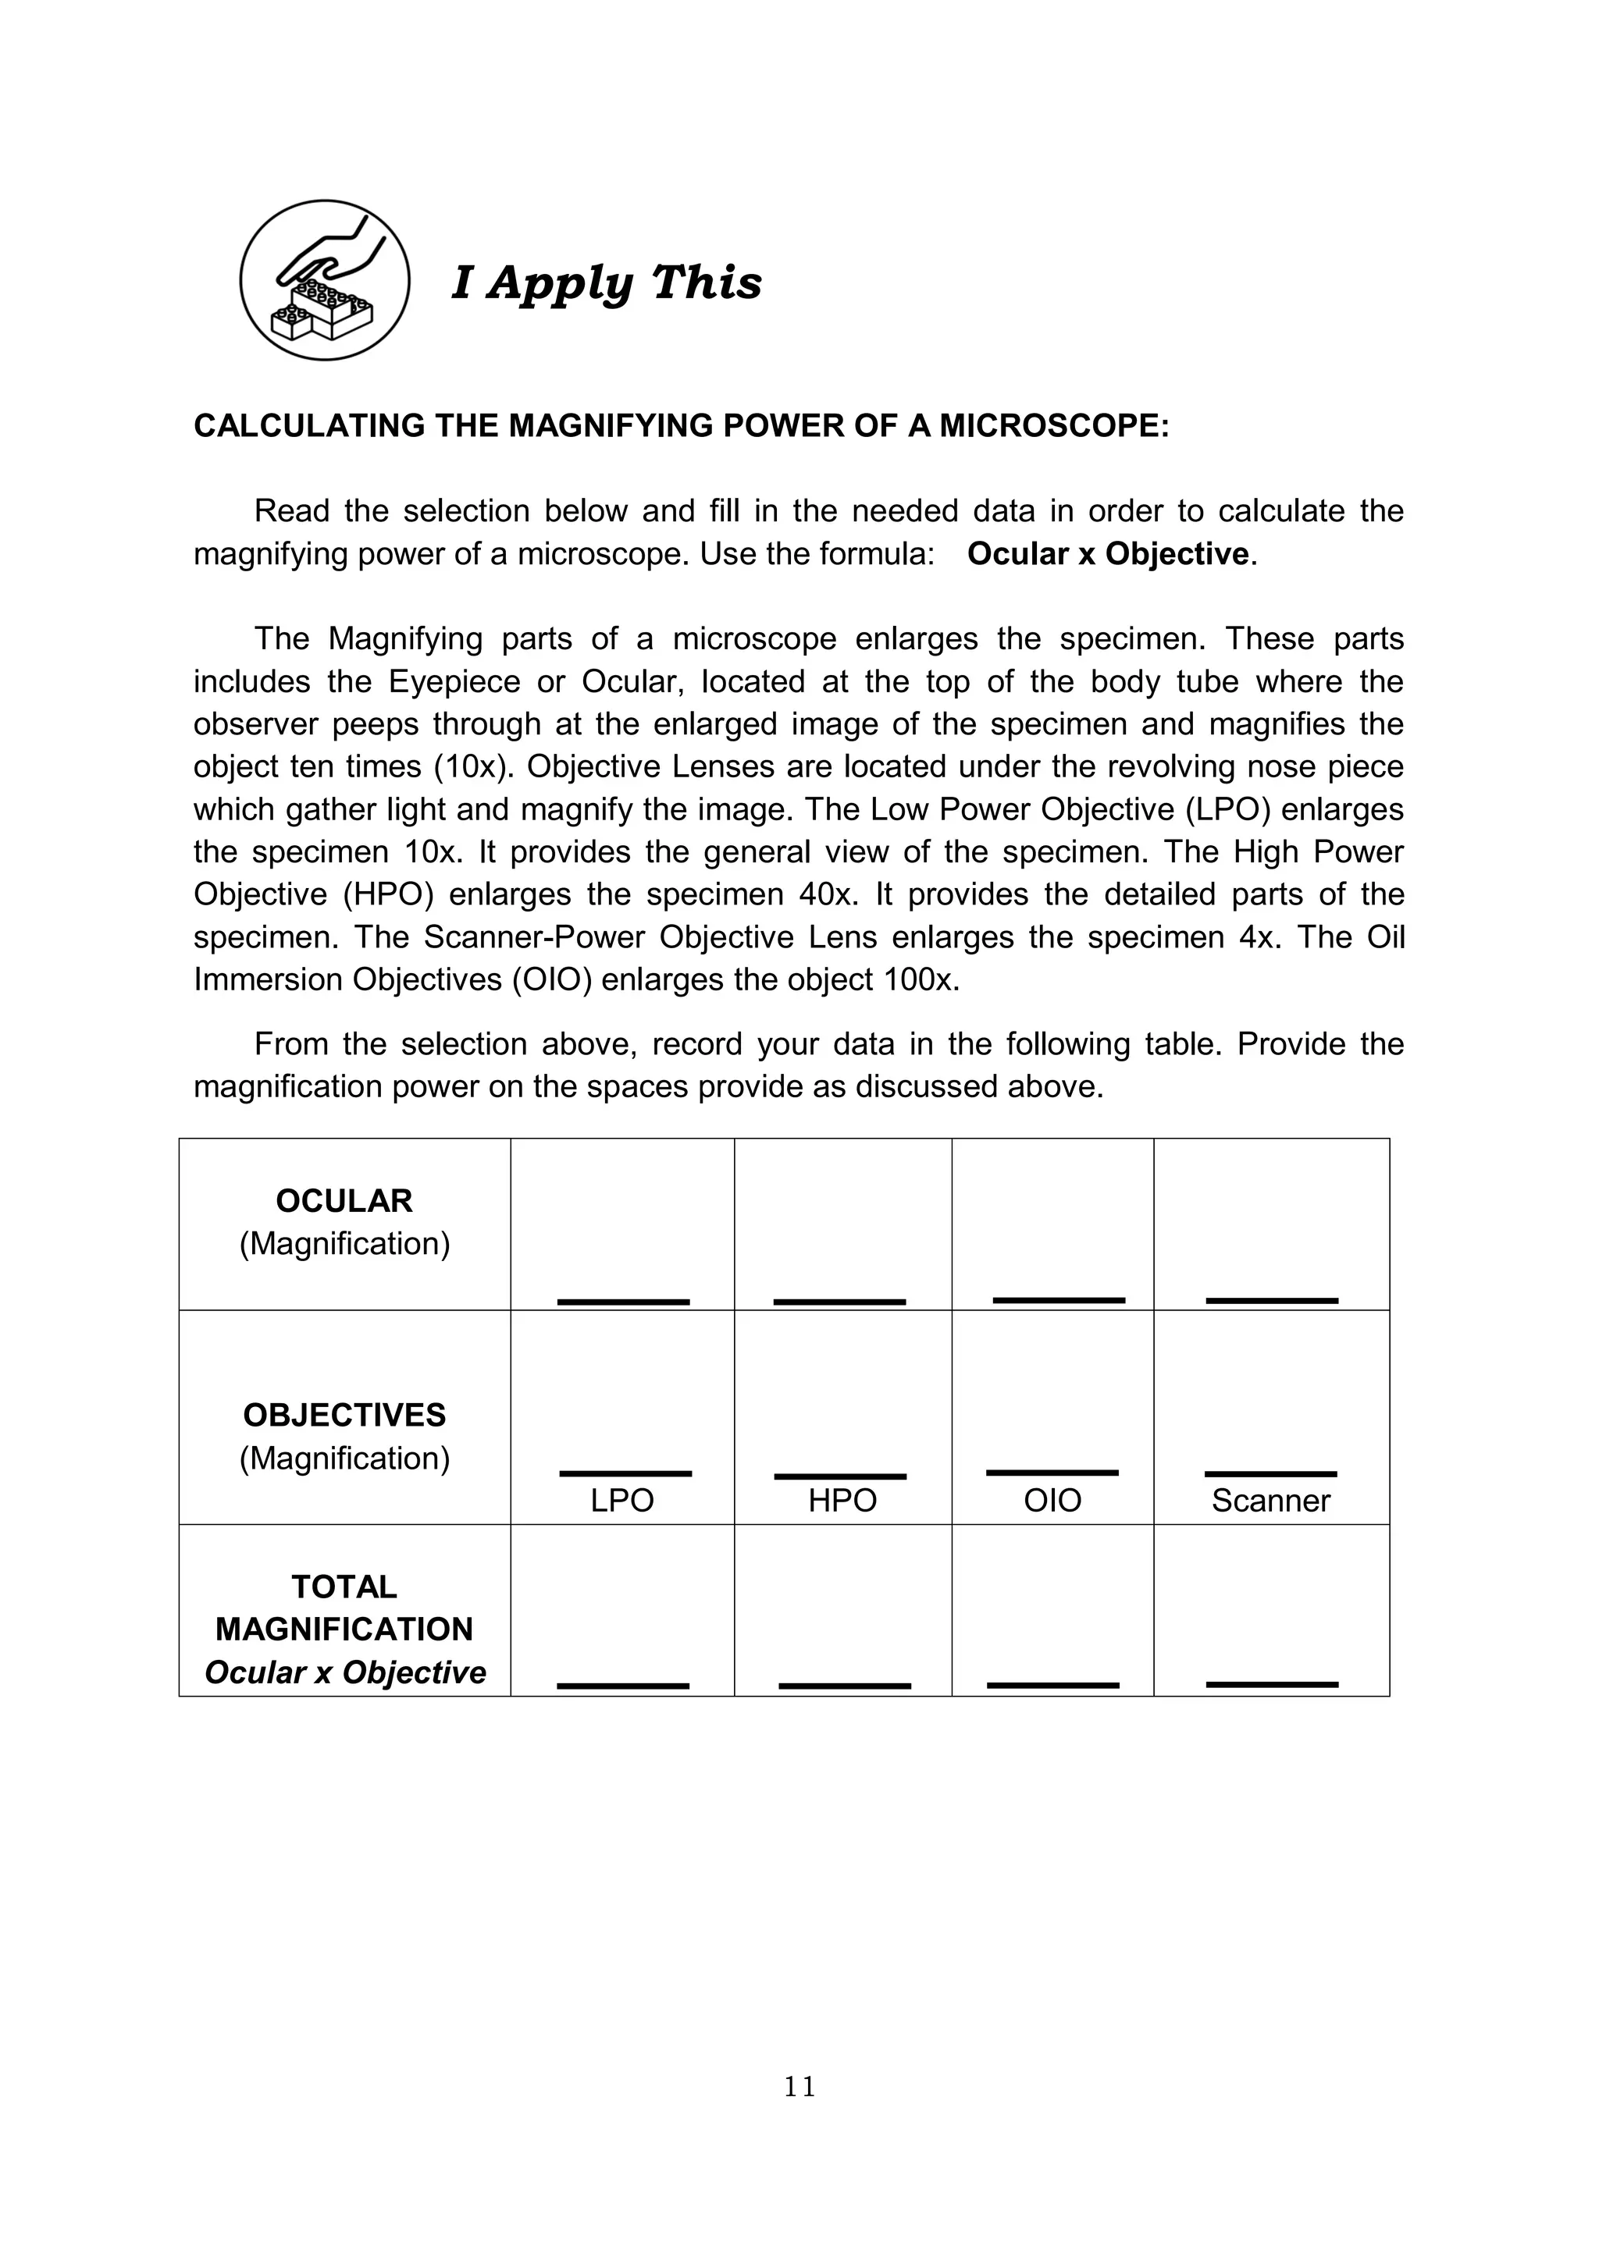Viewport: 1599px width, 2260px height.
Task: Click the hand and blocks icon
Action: [324, 280]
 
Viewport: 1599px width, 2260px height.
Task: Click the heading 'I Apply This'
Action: [607, 282]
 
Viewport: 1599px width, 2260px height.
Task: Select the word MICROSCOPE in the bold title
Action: [1052, 425]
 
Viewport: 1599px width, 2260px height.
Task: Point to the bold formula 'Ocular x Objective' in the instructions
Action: [1108, 554]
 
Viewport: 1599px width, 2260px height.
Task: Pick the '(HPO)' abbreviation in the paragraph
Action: [388, 895]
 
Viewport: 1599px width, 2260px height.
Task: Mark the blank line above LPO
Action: [625, 1473]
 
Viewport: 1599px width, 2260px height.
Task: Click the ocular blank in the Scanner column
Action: [1271, 1300]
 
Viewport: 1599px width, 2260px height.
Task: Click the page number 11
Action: [799, 2087]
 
